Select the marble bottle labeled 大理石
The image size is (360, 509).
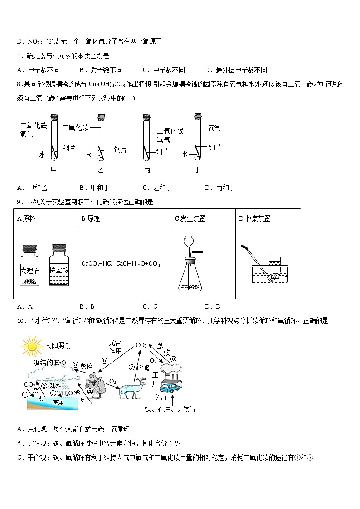(x=29, y=265)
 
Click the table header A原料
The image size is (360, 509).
(x=26, y=218)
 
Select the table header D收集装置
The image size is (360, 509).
(x=254, y=218)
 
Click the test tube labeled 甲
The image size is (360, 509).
(x=54, y=138)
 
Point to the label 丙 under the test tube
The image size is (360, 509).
(x=146, y=170)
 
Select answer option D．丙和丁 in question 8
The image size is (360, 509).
(x=219, y=188)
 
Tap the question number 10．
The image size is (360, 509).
(x=20, y=320)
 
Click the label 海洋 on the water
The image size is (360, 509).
(x=58, y=402)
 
